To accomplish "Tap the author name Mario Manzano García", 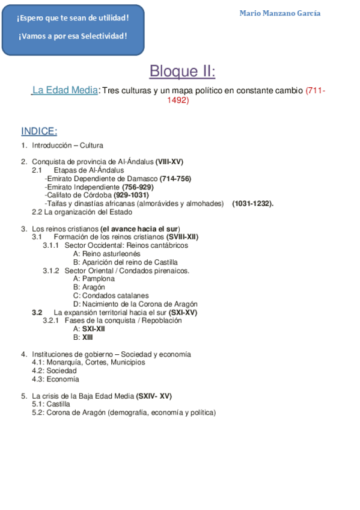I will [x=279, y=13].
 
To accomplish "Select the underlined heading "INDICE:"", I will [x=39, y=132].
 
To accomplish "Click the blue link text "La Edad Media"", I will [x=65, y=91].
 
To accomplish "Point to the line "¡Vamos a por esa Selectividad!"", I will [x=73, y=36].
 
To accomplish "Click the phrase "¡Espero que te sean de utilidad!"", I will [x=73, y=18].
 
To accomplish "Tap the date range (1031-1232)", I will [x=252, y=203].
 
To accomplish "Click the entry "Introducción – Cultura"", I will [x=67, y=145].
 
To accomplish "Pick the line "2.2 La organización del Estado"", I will [x=82, y=212].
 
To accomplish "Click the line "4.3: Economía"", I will [x=55, y=379].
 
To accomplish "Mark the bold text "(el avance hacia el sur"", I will [x=139, y=229].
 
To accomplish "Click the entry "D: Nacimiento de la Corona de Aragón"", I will [x=135, y=304].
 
